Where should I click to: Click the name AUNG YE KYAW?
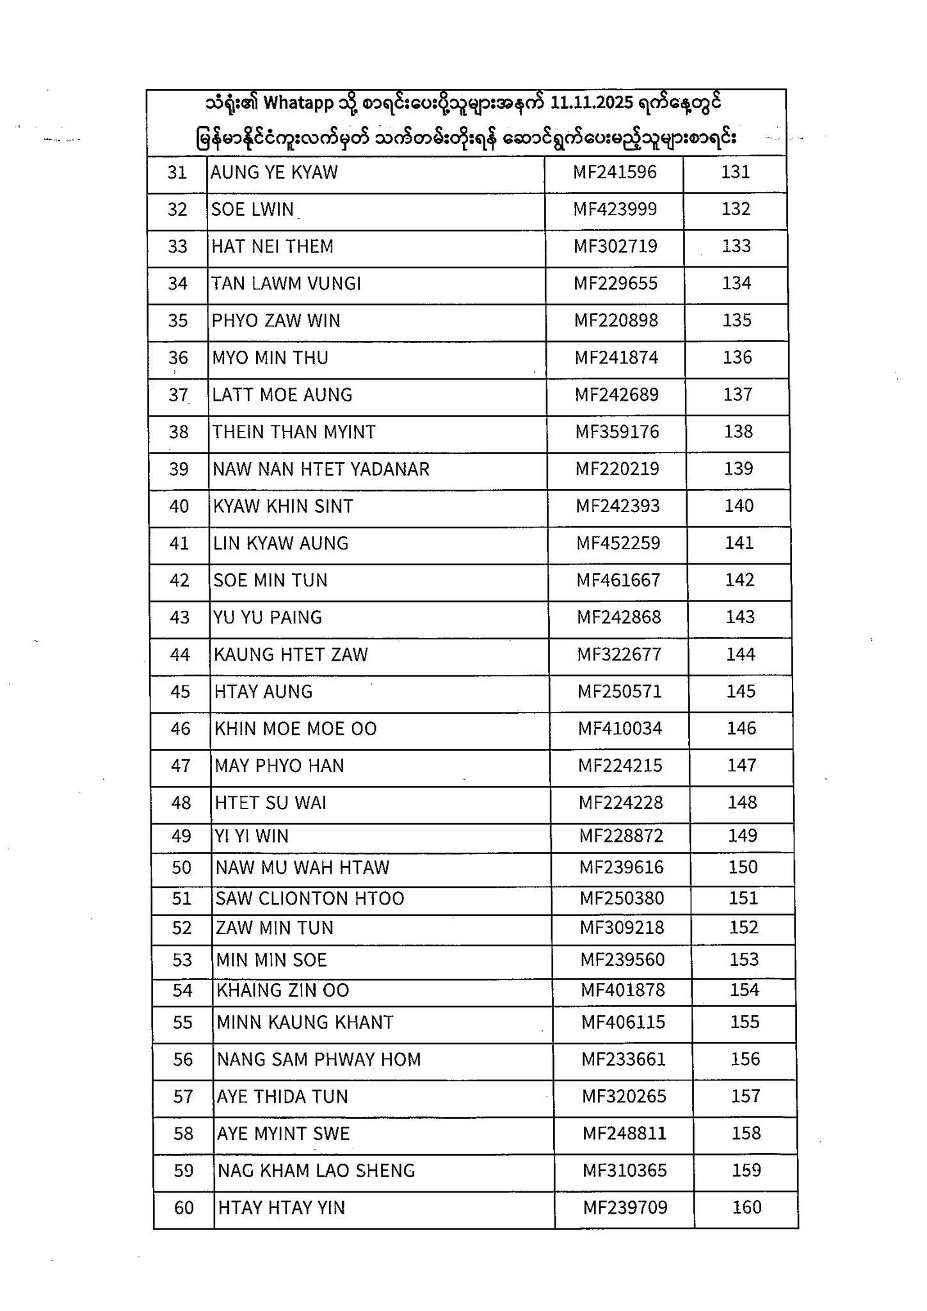[x=274, y=172]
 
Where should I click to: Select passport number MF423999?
[x=615, y=209]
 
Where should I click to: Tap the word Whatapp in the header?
[x=300, y=102]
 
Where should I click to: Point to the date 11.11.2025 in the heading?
[x=592, y=102]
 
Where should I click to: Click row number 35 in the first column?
[x=178, y=320]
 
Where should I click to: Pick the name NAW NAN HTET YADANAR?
[x=321, y=469]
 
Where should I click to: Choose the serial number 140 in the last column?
[x=739, y=506]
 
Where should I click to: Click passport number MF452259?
[x=618, y=543]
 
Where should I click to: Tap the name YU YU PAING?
[x=268, y=617]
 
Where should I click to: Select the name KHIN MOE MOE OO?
[x=296, y=728]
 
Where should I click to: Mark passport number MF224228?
[x=620, y=803]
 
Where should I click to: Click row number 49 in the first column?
[x=181, y=836]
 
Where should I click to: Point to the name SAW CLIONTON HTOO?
[x=310, y=898]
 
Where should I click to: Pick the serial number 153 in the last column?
[x=744, y=959]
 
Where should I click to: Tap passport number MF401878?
[x=623, y=990]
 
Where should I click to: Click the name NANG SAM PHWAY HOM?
[x=319, y=1059]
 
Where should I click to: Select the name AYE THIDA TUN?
[x=282, y=1097]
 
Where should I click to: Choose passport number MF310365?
[x=624, y=1170]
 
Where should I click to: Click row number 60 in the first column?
[x=184, y=1207]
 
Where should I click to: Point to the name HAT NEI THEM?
[x=272, y=246]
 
